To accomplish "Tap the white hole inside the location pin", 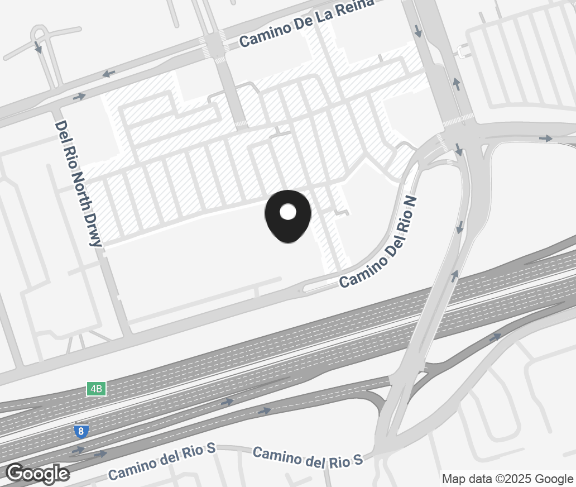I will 287,212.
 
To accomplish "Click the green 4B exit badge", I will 96,389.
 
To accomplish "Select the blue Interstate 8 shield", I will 81,431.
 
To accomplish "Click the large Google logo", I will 37,474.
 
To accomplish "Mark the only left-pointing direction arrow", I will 109,73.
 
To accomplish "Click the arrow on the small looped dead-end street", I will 38,47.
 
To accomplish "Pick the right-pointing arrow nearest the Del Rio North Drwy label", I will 79,97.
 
